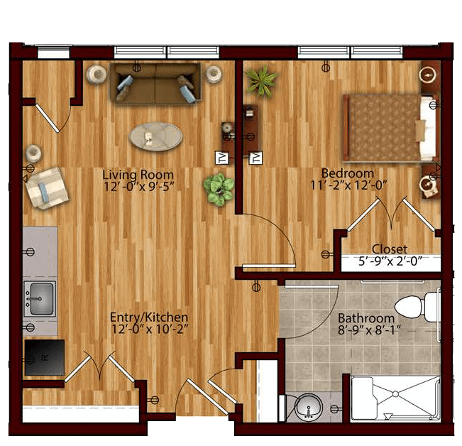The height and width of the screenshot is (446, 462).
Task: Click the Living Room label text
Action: point(138,175)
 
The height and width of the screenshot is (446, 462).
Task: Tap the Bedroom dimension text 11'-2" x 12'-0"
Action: point(348,185)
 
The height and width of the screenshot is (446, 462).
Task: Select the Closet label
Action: point(390,249)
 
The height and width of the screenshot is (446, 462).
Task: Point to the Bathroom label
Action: point(366,318)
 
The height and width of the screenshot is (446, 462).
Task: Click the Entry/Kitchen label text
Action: point(149,317)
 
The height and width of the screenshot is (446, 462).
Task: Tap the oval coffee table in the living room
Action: point(155,136)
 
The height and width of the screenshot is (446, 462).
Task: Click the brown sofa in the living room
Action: point(155,84)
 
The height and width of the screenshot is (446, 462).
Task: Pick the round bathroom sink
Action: point(309,408)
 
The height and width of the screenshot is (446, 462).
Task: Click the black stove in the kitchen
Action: point(45,357)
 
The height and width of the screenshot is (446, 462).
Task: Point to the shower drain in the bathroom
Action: point(395,394)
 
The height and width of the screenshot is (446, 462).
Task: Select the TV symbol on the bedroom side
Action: point(255,158)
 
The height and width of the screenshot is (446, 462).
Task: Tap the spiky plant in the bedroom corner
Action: point(261,81)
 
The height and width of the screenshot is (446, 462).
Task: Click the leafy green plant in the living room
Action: point(219,189)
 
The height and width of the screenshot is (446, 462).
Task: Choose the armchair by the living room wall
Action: point(47,188)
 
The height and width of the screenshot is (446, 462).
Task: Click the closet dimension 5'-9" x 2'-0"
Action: point(390,261)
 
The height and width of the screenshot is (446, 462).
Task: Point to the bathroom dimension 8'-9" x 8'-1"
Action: point(369,330)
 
